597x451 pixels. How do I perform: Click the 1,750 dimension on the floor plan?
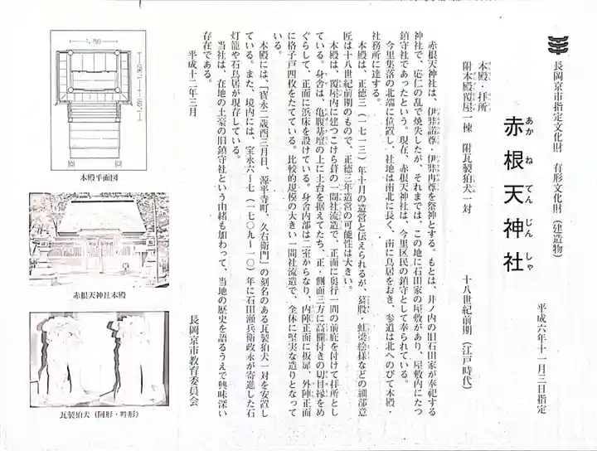click(x=94, y=40)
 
